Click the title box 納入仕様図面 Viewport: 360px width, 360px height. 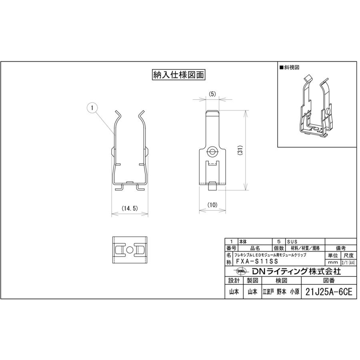coord(178,75)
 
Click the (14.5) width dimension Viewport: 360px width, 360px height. coord(130,208)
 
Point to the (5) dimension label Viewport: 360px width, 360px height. coord(212,94)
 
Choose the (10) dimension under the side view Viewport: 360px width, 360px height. coord(212,204)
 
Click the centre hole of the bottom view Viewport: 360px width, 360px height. coord(130,250)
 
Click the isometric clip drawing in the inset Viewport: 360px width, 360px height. coord(316,108)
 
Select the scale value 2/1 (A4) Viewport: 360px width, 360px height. coord(347,262)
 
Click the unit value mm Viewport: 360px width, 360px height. coord(332,262)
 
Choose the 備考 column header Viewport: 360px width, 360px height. coord(340,248)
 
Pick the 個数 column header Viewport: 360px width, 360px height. coord(278,248)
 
